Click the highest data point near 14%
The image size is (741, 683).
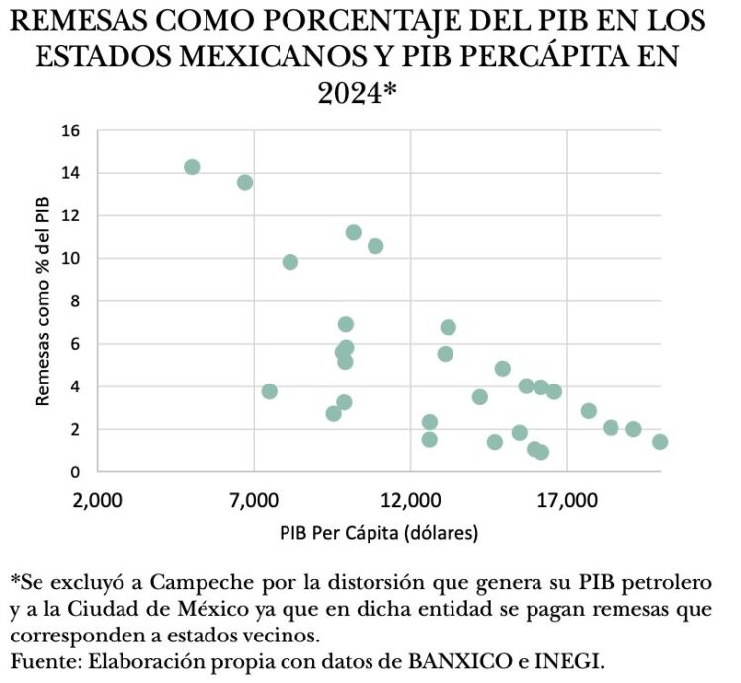pyautogui.click(x=192, y=167)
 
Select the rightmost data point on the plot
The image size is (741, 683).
pyautogui.click(x=660, y=442)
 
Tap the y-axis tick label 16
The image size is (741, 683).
pyautogui.click(x=72, y=130)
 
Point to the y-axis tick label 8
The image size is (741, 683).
pyautogui.click(x=76, y=301)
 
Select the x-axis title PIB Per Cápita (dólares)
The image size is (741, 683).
pyautogui.click(x=379, y=534)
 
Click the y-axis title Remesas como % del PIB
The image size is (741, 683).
pyautogui.click(x=42, y=301)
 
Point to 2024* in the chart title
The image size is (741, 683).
pyautogui.click(x=358, y=94)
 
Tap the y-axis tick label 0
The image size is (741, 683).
pyautogui.click(x=76, y=472)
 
